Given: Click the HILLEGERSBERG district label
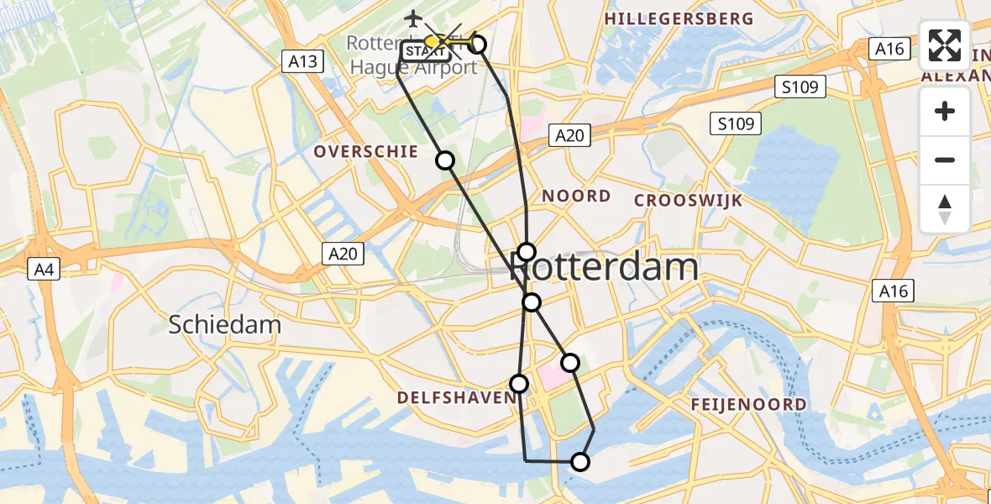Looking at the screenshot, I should pos(679,18).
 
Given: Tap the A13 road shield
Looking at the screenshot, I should pos(301,60).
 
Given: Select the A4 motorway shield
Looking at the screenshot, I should pos(42,269).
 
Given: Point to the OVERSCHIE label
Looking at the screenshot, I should pos(365,151).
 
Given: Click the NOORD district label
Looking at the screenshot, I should pos(576,196).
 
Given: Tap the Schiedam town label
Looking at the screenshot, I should pos(225,324).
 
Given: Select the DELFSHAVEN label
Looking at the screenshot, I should pos(454,396).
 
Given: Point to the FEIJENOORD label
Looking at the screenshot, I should pos(749,404).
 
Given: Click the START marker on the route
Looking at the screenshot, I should pos(426,52).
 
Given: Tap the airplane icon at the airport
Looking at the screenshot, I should pos(412,18).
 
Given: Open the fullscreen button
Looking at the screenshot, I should pos(945,45).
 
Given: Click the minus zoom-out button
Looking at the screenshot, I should pos(945,160).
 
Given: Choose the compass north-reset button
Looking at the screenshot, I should pos(945,208).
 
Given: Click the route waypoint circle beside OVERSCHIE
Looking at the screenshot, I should pos(445,160).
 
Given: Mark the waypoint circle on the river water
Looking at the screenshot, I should pos(580,461).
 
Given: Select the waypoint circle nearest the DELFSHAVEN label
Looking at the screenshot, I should pos(519,384).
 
